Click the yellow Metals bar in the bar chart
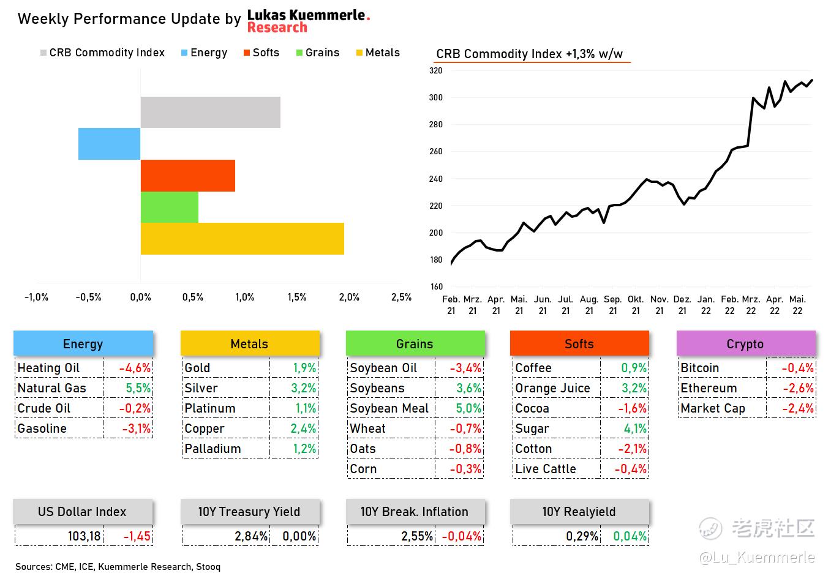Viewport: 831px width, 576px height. [242, 239]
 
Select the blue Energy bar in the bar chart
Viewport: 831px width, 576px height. [110, 144]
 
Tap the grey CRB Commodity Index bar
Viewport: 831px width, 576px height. [210, 112]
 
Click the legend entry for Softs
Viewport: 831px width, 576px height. [261, 53]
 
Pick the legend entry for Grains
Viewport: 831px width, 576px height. [317, 53]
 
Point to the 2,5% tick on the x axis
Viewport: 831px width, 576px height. [401, 297]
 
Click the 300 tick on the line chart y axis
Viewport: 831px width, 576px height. [435, 97]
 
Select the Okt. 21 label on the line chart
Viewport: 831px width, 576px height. [636, 305]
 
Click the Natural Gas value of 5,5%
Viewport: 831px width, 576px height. [138, 388]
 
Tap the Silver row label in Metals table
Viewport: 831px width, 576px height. [201, 388]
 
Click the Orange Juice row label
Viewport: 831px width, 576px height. [552, 388]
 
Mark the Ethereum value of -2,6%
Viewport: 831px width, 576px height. [798, 388]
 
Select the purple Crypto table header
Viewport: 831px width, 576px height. [745, 344]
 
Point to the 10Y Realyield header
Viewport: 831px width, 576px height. [579, 512]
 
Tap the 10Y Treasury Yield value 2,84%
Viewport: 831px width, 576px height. [251, 536]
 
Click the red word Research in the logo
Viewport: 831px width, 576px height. [277, 28]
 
